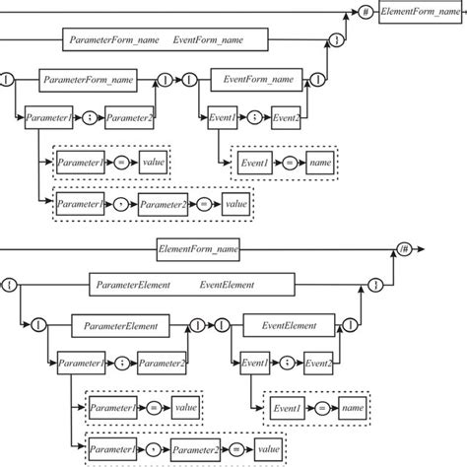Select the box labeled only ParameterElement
[x=121, y=322]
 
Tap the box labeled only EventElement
[x=290, y=322]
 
